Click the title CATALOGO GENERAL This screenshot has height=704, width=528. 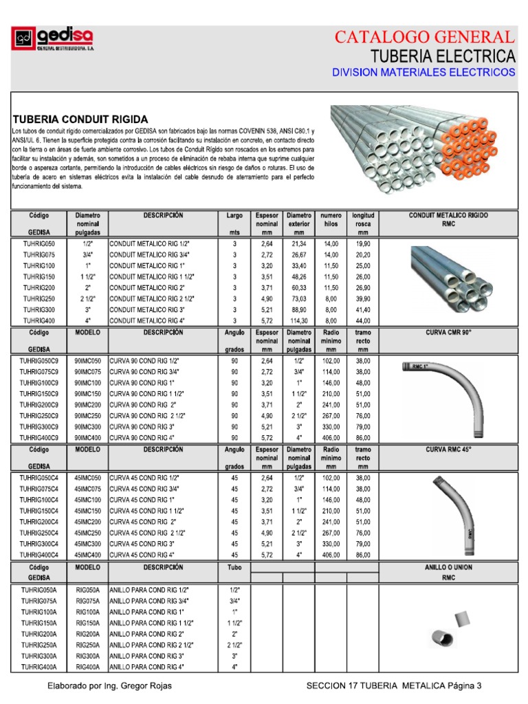pyautogui.click(x=423, y=38)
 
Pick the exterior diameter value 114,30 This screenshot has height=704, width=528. pyautogui.click(x=299, y=320)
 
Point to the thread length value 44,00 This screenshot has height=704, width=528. pyautogui.click(x=363, y=320)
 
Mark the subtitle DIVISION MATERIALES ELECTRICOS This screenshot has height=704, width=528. pyautogui.click(x=423, y=71)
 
